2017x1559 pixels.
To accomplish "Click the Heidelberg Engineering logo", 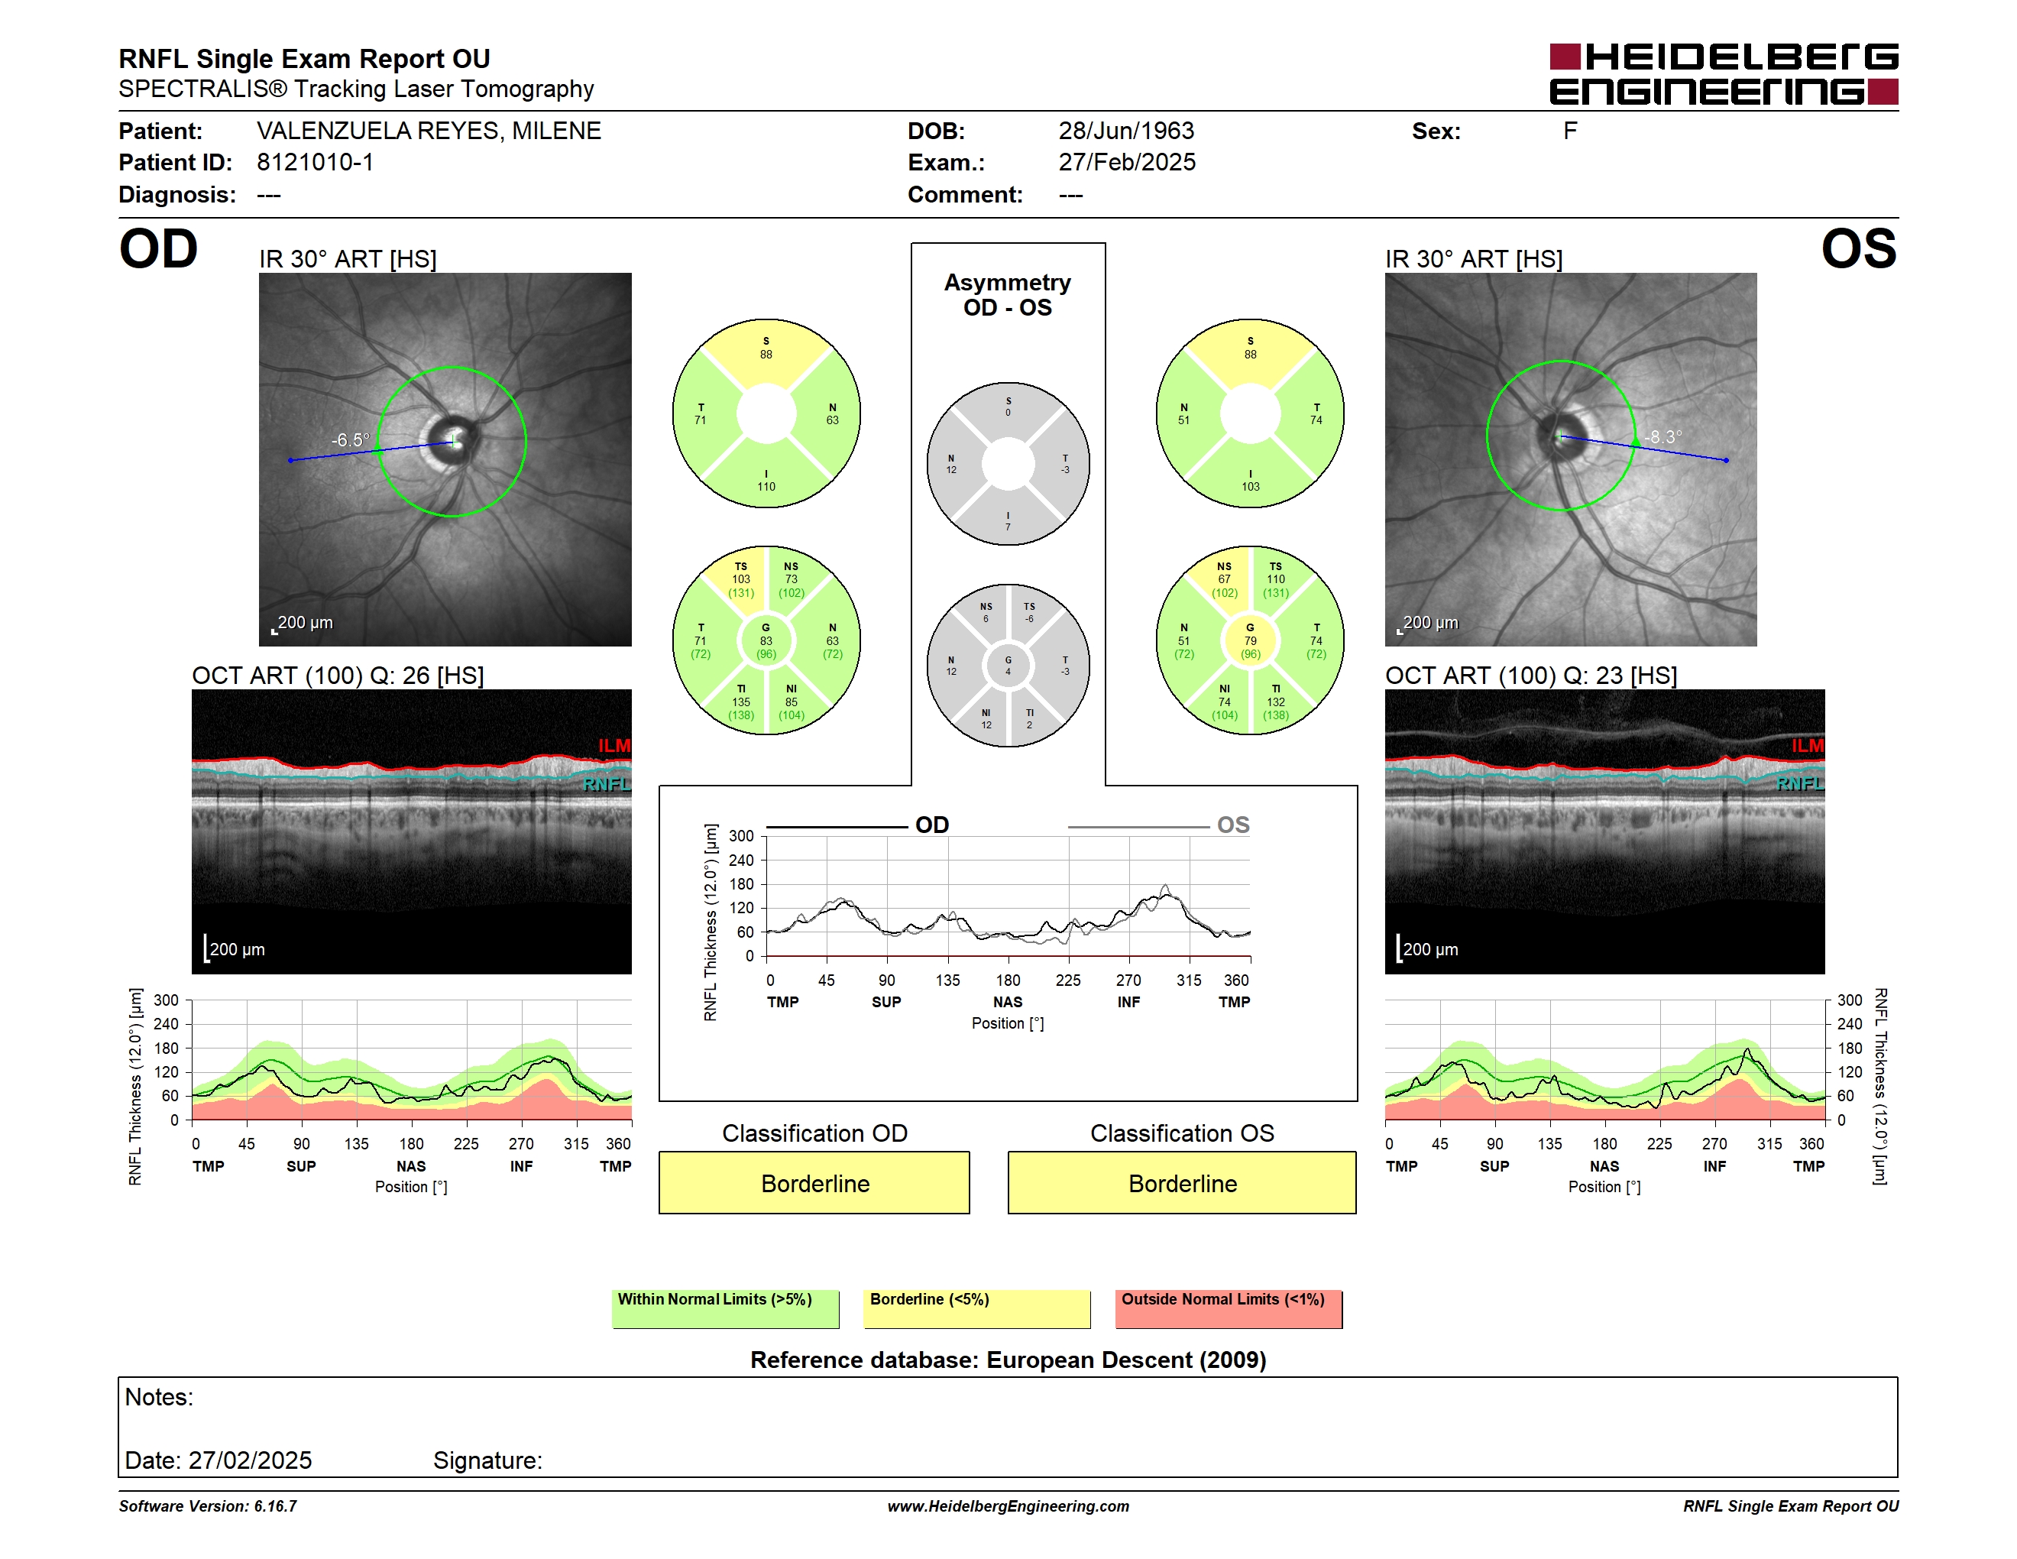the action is (x=1724, y=74).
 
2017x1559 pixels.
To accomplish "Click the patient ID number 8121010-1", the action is (x=315, y=163).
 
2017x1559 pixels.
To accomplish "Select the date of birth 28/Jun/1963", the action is (x=1126, y=131).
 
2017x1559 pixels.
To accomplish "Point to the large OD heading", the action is (x=158, y=249).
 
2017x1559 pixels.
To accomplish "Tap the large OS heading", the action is (x=1858, y=249).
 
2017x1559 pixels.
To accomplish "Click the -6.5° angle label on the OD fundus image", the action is (x=351, y=440).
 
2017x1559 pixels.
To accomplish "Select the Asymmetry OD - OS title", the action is (x=1008, y=295).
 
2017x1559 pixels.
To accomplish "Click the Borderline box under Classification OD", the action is (x=814, y=1182).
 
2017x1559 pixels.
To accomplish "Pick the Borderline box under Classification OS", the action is (x=1181, y=1182).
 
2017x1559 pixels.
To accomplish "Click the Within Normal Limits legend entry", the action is (x=725, y=1308).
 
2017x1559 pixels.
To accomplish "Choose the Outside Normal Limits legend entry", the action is (x=1229, y=1308).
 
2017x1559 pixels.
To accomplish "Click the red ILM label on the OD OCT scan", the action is (x=614, y=745).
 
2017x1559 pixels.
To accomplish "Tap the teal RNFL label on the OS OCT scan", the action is (x=1800, y=783).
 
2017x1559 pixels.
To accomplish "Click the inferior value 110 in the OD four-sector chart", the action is (x=766, y=487).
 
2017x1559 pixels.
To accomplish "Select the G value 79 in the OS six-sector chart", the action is (x=1251, y=641).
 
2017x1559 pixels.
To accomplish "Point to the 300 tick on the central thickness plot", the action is (x=742, y=837).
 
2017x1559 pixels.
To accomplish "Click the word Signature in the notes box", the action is (x=487, y=1460).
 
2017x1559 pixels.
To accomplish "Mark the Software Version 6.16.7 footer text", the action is (x=208, y=1506).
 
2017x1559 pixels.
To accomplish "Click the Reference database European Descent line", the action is (x=1008, y=1360).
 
